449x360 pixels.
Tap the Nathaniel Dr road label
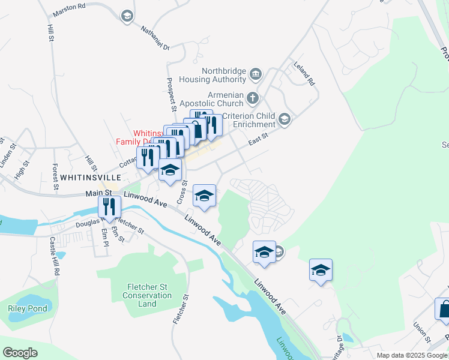155,37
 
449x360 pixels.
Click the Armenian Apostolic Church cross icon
253,98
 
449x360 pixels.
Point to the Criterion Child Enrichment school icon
284,119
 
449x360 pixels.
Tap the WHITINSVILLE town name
90,178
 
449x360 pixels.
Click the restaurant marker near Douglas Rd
110,207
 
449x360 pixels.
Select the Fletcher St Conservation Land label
147,295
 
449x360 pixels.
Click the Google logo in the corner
20,353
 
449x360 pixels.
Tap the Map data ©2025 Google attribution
411,355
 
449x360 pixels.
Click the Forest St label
55,177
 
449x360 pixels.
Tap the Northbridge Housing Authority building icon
256,74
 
